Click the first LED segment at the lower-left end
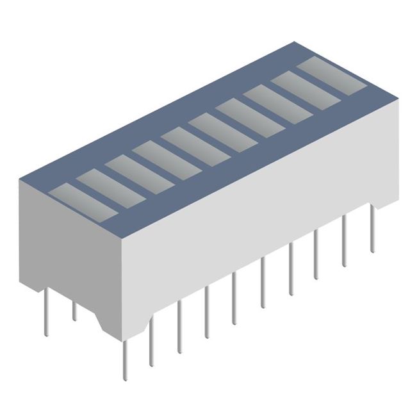point(82,201)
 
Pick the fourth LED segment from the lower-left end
point(167,158)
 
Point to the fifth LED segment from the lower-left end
point(195,144)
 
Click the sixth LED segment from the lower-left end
point(222,131)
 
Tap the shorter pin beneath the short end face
point(74,311)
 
